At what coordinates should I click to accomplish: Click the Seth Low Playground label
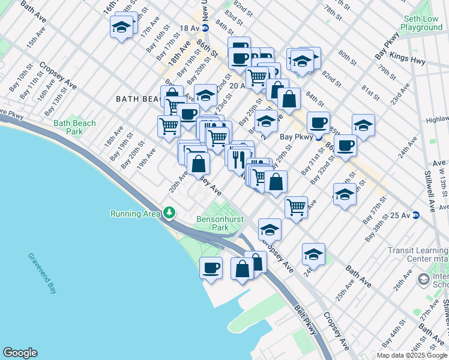point(423,23)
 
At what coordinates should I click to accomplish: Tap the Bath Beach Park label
point(74,127)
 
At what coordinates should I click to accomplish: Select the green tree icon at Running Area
point(170,213)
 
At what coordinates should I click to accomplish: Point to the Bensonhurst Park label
point(212,223)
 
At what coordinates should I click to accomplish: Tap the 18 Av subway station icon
point(205,28)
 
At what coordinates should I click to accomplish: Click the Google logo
point(20,353)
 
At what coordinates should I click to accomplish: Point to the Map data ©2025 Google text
point(411,355)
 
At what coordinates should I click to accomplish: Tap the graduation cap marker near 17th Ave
point(122,27)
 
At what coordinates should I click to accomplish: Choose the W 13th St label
point(443,185)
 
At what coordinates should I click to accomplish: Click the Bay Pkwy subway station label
point(296,137)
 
